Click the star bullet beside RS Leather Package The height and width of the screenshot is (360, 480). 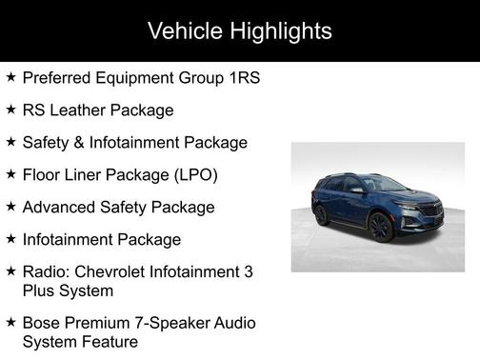pyautogui.click(x=10, y=110)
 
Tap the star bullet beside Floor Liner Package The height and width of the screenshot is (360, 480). pyautogui.click(x=10, y=174)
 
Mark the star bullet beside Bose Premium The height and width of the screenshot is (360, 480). pyautogui.click(x=10, y=323)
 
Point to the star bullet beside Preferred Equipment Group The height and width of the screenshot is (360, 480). pyautogui.click(x=10, y=77)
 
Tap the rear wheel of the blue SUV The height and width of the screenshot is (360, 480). pyautogui.click(x=322, y=215)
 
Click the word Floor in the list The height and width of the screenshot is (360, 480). pyautogui.click(x=41, y=175)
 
